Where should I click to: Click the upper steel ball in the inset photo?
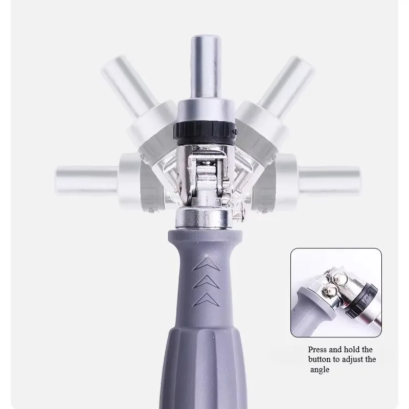tap(338, 279)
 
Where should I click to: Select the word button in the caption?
tap(320, 360)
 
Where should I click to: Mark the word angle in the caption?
tap(320, 370)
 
